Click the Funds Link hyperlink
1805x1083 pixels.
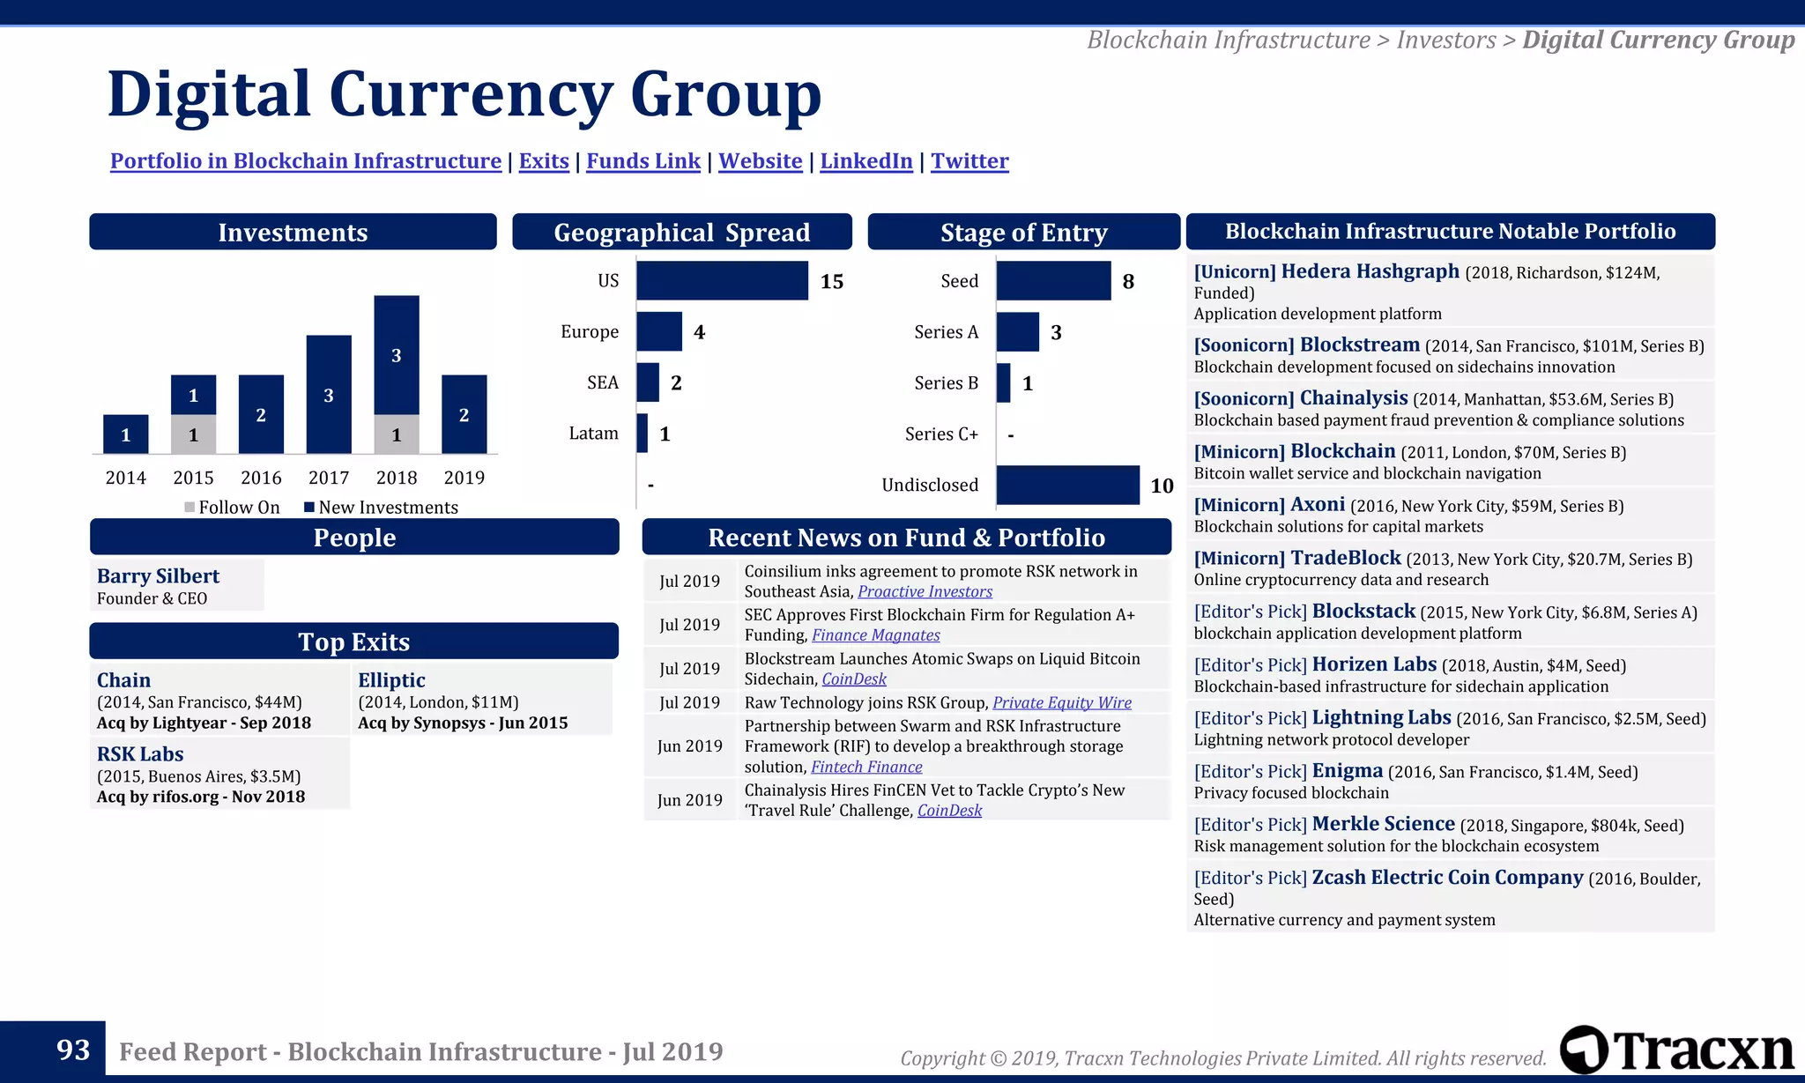pyautogui.click(x=643, y=161)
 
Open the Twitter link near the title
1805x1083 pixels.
pyautogui.click(x=969, y=161)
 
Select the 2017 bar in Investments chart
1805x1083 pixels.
pyautogui.click(x=329, y=394)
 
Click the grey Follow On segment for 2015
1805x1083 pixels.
pyautogui.click(x=193, y=434)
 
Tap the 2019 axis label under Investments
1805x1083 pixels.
pyautogui.click(x=464, y=478)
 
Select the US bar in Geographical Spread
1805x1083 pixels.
pyautogui.click(x=722, y=281)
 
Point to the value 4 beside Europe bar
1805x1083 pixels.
pyautogui.click(x=699, y=332)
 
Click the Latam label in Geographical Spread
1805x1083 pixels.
pyautogui.click(x=593, y=434)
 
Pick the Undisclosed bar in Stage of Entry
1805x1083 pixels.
pyautogui.click(x=1067, y=485)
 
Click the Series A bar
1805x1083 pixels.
pyautogui.click(x=1018, y=332)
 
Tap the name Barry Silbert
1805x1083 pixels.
pyautogui.click(x=158, y=576)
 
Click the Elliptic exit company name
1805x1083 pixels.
pyautogui.click(x=391, y=680)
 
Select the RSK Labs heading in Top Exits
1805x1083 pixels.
pyautogui.click(x=140, y=754)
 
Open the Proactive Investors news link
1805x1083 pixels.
pyautogui.click(x=925, y=592)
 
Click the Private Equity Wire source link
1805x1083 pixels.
pyautogui.click(x=1061, y=703)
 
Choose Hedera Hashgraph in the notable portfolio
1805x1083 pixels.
pyautogui.click(x=1370, y=271)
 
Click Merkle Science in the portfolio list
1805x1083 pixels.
pyautogui.click(x=1383, y=824)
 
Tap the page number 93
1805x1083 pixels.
pyautogui.click(x=73, y=1050)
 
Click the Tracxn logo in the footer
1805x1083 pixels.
pyautogui.click(x=1676, y=1050)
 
